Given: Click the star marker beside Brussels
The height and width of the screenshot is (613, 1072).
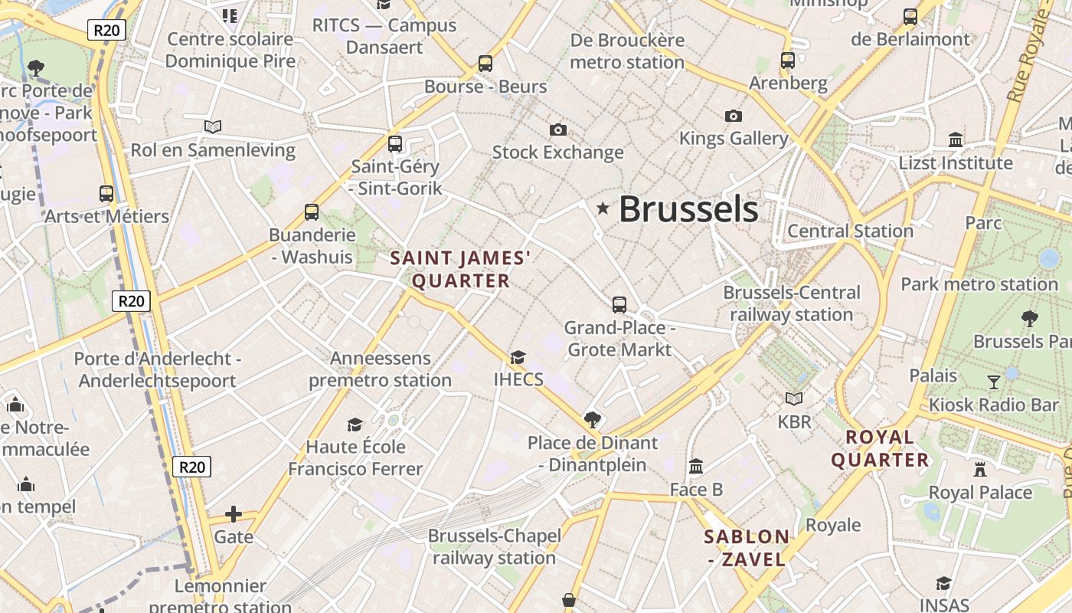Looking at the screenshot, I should (603, 208).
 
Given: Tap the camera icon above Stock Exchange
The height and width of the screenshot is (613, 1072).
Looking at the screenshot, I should (558, 129).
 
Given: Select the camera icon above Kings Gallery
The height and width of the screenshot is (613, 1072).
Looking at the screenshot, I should (733, 116).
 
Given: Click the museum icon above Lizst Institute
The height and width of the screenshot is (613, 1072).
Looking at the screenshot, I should (956, 140).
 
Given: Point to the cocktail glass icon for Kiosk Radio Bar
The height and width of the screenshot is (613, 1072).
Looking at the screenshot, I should (994, 382).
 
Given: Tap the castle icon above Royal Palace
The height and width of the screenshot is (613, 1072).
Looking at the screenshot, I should (980, 469).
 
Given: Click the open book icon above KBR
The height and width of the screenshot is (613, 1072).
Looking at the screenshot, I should (794, 398).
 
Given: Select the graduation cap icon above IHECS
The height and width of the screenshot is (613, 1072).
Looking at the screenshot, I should (518, 357).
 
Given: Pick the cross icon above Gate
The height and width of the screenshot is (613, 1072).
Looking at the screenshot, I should (234, 513).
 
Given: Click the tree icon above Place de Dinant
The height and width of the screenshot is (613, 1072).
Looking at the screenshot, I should (592, 419).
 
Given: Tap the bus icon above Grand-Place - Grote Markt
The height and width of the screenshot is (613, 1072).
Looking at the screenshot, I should (619, 305).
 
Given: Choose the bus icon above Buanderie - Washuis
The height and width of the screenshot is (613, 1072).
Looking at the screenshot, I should (312, 212).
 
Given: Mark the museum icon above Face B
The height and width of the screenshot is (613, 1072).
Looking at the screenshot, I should (696, 466).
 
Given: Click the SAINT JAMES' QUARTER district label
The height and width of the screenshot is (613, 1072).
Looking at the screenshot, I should (461, 270).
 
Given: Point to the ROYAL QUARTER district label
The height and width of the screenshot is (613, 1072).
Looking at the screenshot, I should (880, 449).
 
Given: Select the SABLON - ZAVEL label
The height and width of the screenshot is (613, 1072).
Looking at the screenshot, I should (747, 548).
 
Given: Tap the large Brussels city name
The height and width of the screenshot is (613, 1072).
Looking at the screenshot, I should (688, 209).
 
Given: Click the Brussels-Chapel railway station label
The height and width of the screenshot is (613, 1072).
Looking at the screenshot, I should (495, 546).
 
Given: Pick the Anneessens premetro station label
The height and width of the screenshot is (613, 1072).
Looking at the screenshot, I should (380, 369).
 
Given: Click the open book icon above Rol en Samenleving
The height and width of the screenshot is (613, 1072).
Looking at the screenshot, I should (213, 126).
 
